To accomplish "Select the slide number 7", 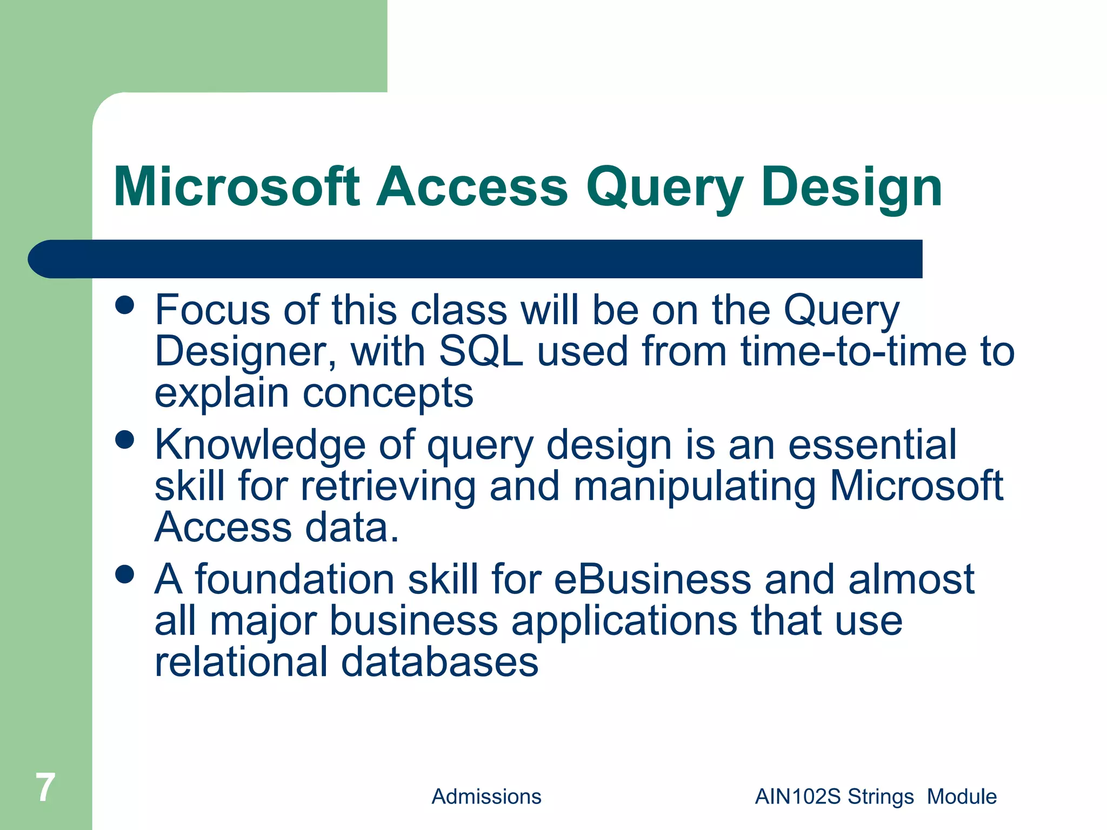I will click(x=45, y=787).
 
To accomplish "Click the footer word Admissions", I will click(x=486, y=796).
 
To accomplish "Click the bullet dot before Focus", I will click(x=125, y=305).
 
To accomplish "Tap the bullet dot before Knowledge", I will click(x=125, y=439).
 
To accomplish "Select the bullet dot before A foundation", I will click(x=125, y=574).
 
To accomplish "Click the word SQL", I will click(x=481, y=351).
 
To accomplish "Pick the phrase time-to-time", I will click(x=853, y=351).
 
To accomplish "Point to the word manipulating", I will click(x=694, y=485).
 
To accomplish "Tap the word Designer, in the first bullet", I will click(x=246, y=352).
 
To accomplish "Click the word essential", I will click(x=872, y=444).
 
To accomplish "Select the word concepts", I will click(x=388, y=393).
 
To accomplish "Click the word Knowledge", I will click(x=260, y=445).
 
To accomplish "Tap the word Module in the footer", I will click(x=962, y=796).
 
